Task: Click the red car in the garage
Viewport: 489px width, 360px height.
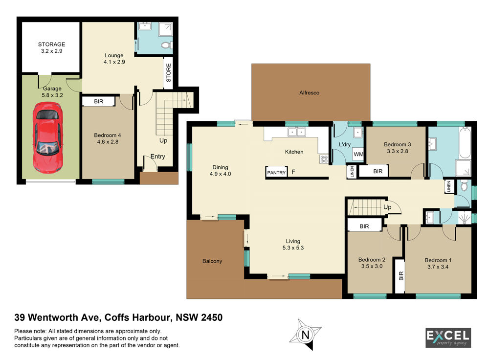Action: [48, 138]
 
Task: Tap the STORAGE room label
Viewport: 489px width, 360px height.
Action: [52, 45]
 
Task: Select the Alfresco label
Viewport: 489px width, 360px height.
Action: [310, 92]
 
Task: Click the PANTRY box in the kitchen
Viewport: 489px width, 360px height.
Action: [276, 172]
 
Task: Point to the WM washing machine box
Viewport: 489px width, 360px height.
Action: [358, 154]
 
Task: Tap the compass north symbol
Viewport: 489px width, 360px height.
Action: [305, 335]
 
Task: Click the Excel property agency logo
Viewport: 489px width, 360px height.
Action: [448, 337]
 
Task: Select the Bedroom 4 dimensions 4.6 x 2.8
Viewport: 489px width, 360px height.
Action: [108, 142]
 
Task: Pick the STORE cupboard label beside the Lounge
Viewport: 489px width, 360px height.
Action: [169, 73]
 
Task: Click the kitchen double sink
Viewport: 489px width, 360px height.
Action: [297, 132]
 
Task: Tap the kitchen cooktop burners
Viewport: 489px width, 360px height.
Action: [324, 159]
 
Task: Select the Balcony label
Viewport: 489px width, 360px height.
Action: [212, 261]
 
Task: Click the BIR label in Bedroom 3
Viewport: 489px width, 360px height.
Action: [378, 171]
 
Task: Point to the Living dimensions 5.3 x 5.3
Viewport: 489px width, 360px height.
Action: [293, 247]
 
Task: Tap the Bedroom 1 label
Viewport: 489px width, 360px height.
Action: [438, 260]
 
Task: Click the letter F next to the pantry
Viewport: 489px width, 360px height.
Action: [293, 172]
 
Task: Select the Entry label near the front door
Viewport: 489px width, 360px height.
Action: [158, 157]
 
